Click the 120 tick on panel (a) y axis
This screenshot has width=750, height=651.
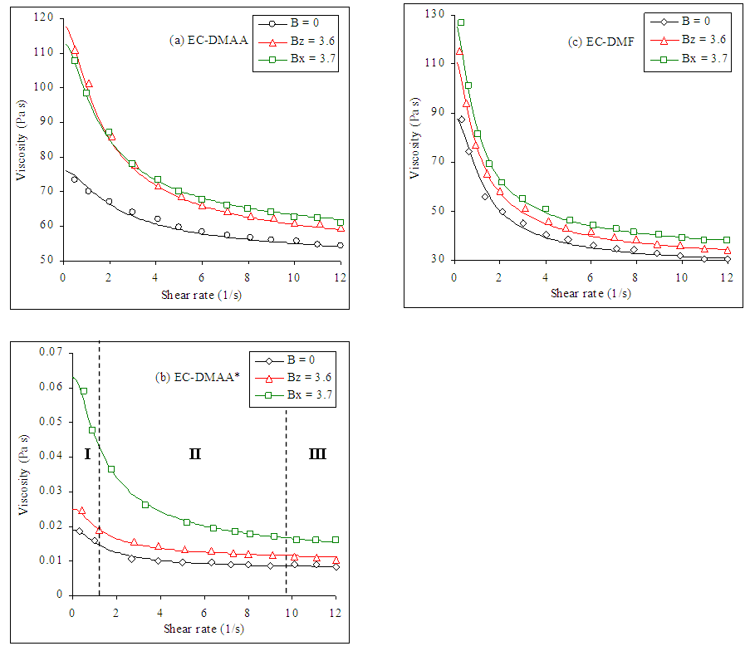[x=47, y=17]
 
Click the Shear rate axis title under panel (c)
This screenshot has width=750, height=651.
[x=590, y=293]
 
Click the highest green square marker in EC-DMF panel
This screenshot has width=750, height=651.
[x=460, y=22]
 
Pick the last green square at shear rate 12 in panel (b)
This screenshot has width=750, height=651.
[x=336, y=540]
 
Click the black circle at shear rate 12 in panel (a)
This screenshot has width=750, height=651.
[x=340, y=246]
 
